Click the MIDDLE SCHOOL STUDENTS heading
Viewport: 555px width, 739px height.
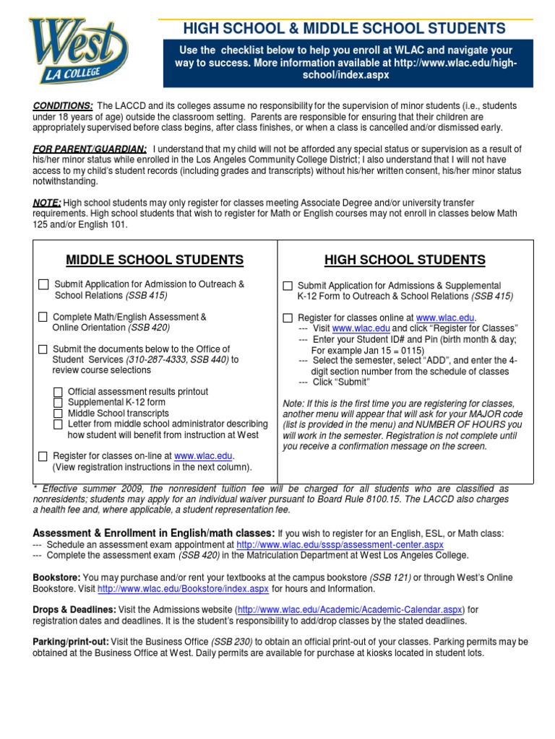(x=155, y=260)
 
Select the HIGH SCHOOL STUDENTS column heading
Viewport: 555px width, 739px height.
(x=405, y=260)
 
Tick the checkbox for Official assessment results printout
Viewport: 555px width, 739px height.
(x=58, y=392)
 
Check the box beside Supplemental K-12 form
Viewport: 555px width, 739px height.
(x=58, y=403)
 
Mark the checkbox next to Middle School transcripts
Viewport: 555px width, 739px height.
(x=58, y=414)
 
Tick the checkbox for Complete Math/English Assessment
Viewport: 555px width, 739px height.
(x=43, y=317)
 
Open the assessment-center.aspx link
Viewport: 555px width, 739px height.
(x=340, y=544)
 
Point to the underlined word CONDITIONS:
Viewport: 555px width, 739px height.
(x=63, y=105)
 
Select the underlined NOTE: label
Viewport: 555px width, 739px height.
(x=47, y=203)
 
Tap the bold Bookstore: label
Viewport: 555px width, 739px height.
(x=57, y=577)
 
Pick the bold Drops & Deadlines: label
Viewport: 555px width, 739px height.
(x=74, y=610)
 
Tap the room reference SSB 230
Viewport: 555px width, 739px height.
(x=231, y=642)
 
